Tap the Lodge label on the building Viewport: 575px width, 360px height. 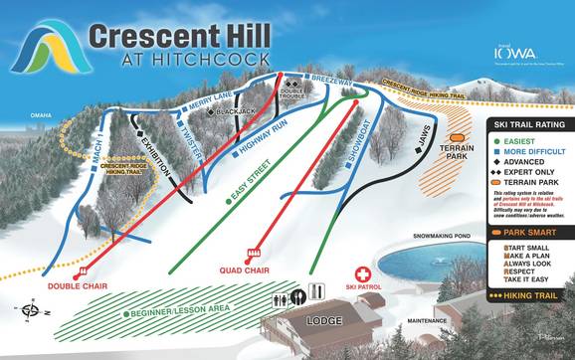pyautogui.click(x=324, y=321)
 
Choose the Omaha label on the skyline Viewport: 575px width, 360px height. pyautogui.click(x=40, y=115)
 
